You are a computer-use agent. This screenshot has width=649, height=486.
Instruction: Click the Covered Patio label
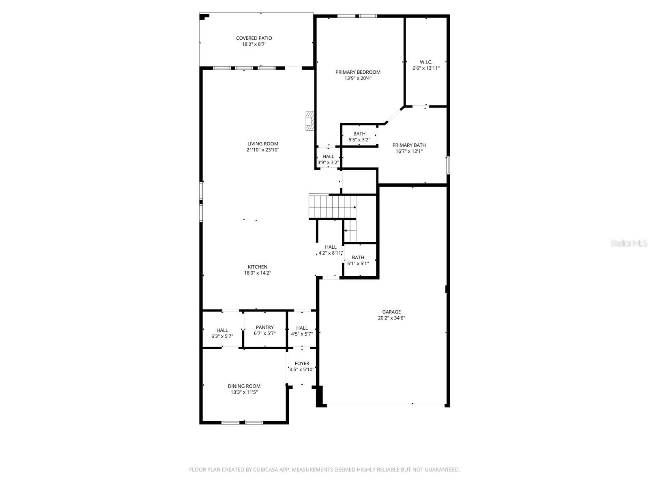(x=254, y=38)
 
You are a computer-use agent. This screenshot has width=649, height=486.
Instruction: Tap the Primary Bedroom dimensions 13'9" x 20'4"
(x=358, y=79)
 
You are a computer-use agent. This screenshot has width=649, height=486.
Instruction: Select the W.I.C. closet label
(x=426, y=62)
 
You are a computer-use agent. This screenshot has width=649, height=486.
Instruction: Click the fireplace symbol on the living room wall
(x=310, y=121)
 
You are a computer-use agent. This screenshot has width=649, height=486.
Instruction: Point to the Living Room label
(x=263, y=144)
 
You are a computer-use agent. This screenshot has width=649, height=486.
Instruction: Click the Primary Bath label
(x=409, y=145)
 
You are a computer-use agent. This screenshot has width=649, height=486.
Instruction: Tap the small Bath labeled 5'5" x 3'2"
(x=359, y=136)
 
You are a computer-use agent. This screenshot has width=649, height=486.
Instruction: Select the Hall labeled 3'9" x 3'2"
(x=328, y=159)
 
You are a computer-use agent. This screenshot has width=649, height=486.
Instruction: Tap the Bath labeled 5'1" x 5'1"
(x=358, y=260)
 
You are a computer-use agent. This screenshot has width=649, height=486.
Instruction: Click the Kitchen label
(x=258, y=267)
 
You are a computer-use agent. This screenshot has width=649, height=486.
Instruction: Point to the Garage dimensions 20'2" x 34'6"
(x=391, y=318)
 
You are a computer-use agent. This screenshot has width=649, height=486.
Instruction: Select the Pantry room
(x=264, y=330)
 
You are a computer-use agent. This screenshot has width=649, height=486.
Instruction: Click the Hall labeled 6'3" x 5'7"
(x=222, y=333)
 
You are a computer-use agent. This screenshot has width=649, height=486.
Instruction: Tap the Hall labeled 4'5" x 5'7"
(x=302, y=331)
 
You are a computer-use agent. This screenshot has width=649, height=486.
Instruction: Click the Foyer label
(x=302, y=364)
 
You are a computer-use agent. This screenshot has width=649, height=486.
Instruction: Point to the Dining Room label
(x=244, y=386)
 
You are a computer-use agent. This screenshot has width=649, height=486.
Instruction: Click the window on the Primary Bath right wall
(x=448, y=165)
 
